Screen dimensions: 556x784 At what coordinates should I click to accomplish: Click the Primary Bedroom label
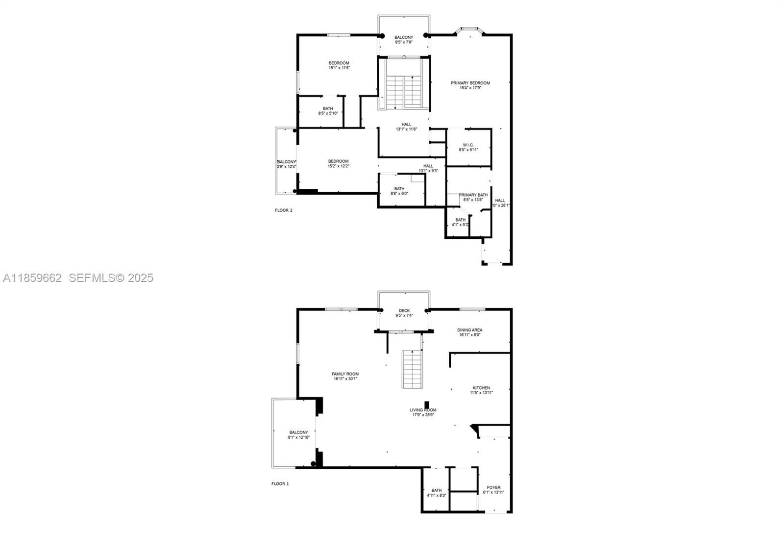[x=470, y=83]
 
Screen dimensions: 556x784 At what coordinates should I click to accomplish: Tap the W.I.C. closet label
[x=468, y=145]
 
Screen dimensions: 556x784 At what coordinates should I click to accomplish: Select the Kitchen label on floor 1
[x=481, y=388]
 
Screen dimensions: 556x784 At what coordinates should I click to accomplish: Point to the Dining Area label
[x=470, y=330]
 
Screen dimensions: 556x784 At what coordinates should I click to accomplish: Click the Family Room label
[x=345, y=374]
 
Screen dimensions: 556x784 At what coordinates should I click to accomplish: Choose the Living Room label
[x=423, y=410]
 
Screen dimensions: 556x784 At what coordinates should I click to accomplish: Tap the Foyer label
[x=493, y=487]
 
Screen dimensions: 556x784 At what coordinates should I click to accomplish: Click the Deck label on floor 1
[x=404, y=310]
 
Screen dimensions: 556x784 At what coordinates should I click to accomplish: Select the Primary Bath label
[x=473, y=195]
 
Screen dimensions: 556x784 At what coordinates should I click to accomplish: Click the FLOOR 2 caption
[x=284, y=210]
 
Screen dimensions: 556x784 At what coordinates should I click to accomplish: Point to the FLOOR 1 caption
[x=280, y=484]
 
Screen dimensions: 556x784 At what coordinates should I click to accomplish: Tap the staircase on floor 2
[x=404, y=92]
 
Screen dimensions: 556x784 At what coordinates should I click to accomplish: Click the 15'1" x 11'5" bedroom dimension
[x=339, y=68]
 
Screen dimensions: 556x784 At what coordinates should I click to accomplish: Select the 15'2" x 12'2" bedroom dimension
[x=338, y=166]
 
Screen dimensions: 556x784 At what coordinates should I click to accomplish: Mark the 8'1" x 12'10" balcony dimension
[x=298, y=437]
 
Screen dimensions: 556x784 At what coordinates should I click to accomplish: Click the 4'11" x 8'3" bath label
[x=436, y=493]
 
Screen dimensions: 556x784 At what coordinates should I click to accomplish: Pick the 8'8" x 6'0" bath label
[x=399, y=191]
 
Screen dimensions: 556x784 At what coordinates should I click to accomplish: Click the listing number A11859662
[x=32, y=278]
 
